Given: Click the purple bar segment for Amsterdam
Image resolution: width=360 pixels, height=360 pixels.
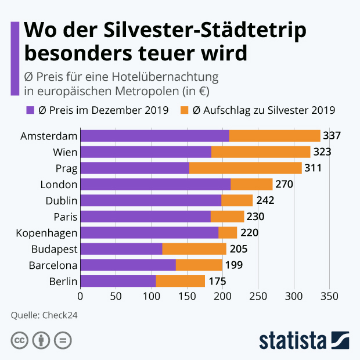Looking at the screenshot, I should click(x=154, y=136).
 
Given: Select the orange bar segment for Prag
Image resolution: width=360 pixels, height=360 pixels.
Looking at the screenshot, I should click(x=245, y=168).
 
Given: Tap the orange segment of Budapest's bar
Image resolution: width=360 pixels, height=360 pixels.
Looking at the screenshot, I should click(x=194, y=249).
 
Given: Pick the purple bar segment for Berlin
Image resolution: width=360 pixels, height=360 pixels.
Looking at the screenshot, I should click(x=118, y=281).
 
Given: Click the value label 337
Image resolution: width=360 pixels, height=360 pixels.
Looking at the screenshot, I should click(x=332, y=136).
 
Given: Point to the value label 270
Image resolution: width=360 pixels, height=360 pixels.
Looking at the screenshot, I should click(x=285, y=185).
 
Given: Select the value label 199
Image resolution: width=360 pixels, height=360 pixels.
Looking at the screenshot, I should click(x=233, y=265).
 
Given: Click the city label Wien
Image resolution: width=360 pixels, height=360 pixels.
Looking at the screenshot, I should click(x=65, y=152).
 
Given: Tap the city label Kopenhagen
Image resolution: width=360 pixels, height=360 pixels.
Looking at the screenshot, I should click(x=49, y=233).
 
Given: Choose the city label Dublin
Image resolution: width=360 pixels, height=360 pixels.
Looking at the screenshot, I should click(x=61, y=201).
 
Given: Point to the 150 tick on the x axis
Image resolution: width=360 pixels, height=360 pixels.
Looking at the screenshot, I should click(x=187, y=296).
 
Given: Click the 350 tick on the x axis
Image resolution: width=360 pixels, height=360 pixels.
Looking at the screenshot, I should click(x=329, y=296).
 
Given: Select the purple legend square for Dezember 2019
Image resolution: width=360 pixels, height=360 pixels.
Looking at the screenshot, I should click(x=30, y=110).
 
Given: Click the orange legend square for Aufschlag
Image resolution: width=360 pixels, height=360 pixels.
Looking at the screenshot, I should click(x=185, y=110).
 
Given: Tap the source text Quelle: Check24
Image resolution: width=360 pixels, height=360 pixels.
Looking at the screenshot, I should click(x=44, y=315).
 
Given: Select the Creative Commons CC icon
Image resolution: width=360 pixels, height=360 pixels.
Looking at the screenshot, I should click(x=20, y=340).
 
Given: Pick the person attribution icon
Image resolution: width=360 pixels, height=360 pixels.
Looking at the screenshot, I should click(x=41, y=340).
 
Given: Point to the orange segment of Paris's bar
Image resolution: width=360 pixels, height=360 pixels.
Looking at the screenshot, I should click(x=227, y=217).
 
